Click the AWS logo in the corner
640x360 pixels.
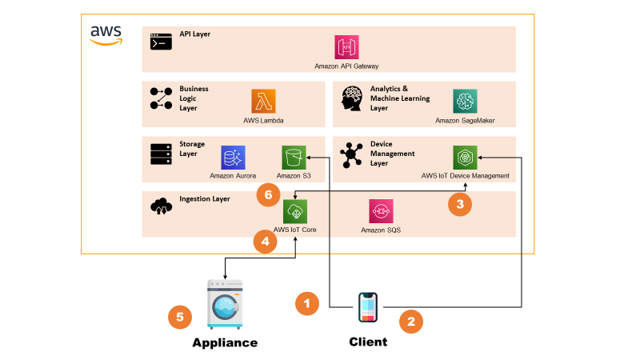106,34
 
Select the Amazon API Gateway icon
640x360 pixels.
346,47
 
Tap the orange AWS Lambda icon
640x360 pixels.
263,101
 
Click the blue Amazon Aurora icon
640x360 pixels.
233,157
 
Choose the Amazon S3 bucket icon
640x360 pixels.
294,157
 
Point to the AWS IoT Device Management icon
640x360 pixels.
465,157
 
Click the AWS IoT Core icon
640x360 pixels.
294,212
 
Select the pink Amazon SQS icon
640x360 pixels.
380,212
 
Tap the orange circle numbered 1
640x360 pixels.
307,303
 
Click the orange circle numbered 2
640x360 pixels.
410,322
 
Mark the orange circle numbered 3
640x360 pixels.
459,204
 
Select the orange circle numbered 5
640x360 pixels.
180,317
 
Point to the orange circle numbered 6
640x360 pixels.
268,194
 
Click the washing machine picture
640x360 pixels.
225,304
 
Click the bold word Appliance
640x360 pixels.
225,342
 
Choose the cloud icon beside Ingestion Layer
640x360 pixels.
161,206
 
